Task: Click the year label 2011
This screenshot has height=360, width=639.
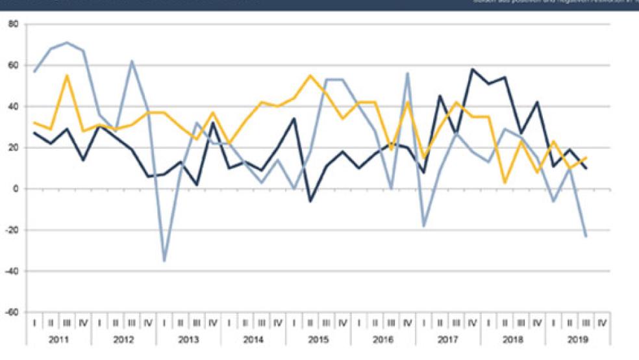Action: coord(58,339)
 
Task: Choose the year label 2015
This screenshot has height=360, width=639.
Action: coord(318,339)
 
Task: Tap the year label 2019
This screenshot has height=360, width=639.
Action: coord(578,339)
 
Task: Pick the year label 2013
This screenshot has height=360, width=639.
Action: coord(188,339)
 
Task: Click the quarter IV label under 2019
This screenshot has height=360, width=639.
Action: coord(602,322)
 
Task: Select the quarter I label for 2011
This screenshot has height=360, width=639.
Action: coord(34,322)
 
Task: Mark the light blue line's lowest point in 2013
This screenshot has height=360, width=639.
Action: coord(164,261)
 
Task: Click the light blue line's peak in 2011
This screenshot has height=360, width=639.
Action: coord(67,42)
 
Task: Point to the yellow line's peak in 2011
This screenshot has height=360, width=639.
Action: coord(67,75)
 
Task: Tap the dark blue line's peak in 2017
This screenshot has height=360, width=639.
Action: coord(473,69)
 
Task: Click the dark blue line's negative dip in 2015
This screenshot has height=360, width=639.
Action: coord(310,201)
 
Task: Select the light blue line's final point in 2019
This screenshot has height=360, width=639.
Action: coord(586,236)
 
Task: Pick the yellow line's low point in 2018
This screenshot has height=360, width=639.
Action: coord(505,183)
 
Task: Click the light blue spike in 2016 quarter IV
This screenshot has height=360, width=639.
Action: coord(408,73)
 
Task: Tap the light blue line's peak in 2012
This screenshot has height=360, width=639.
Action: coord(132,61)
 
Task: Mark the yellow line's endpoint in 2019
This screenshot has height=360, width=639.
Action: coord(586,158)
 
